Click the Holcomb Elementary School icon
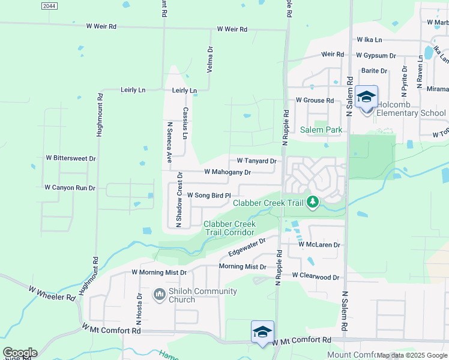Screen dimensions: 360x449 pyautogui.click(x=366, y=96)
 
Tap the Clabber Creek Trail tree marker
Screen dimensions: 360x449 pyautogui.click(x=312, y=202)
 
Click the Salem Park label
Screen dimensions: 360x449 pyautogui.click(x=321, y=130)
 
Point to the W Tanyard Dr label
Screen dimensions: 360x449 pyautogui.click(x=256, y=161)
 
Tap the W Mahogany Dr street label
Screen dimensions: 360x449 pyautogui.click(x=227, y=172)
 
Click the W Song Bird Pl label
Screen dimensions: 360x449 pyautogui.click(x=209, y=195)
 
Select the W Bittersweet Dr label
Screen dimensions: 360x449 pyautogui.click(x=71, y=158)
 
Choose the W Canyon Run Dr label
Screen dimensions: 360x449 pyautogui.click(x=70, y=188)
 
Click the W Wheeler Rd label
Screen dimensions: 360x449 pyautogui.click(x=52, y=293)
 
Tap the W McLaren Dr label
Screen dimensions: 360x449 pyautogui.click(x=319, y=245)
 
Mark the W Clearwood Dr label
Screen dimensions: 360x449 pyautogui.click(x=316, y=277)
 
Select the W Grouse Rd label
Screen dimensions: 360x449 pyautogui.click(x=315, y=101)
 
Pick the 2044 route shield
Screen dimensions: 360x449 pyautogui.click(x=50, y=5)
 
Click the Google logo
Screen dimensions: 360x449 pyautogui.click(x=20, y=353)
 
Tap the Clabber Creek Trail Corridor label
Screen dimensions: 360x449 pyautogui.click(x=229, y=228)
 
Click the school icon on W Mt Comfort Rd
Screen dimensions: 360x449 pyautogui.click(x=262, y=332)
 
